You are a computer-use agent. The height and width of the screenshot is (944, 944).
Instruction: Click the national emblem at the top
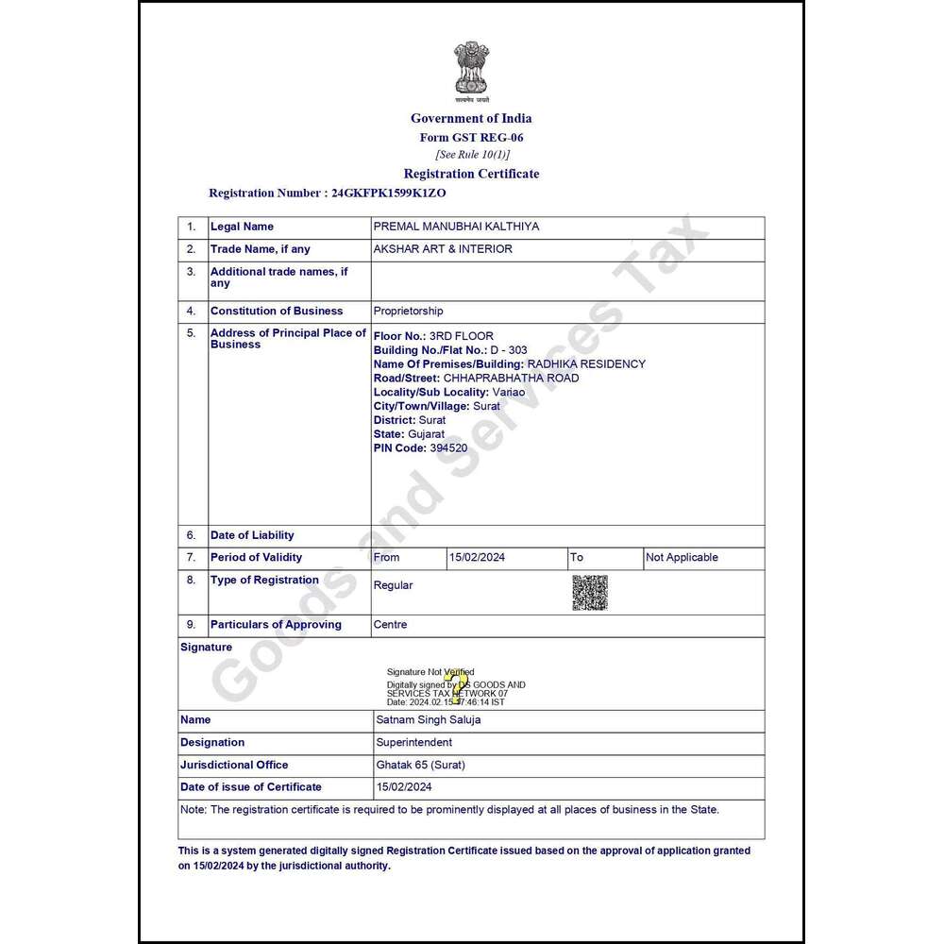pos(471,71)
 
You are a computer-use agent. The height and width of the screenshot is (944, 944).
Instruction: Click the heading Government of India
pos(471,118)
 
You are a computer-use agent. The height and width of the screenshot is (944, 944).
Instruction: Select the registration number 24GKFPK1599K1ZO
pos(388,193)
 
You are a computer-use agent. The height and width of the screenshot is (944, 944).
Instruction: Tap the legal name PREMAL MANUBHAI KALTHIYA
pos(456,227)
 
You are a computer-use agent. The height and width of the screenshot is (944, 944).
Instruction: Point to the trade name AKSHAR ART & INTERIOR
pos(443,249)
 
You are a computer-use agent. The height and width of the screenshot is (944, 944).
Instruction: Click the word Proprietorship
pos(408,311)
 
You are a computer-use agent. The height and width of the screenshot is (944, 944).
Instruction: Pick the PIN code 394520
pos(447,447)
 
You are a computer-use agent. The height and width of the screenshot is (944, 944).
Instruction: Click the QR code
pos(590,592)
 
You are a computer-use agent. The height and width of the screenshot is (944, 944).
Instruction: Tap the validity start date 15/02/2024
pos(477,557)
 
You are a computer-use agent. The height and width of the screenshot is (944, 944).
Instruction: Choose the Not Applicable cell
pos(682,557)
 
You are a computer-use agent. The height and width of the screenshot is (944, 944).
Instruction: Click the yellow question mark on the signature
pos(459,687)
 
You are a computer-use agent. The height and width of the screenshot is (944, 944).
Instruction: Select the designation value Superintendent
pos(413,742)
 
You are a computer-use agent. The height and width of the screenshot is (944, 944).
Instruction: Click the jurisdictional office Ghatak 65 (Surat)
pos(420,765)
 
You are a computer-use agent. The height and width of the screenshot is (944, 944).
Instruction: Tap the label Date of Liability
pos(252,535)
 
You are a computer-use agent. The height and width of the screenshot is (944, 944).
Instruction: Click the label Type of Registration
pos(264,580)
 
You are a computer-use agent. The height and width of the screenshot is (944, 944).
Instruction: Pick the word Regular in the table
pos(393,585)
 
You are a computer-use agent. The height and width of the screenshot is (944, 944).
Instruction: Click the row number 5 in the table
pos(191,333)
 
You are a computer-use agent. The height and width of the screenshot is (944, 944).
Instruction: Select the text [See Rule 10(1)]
pos(472,154)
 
